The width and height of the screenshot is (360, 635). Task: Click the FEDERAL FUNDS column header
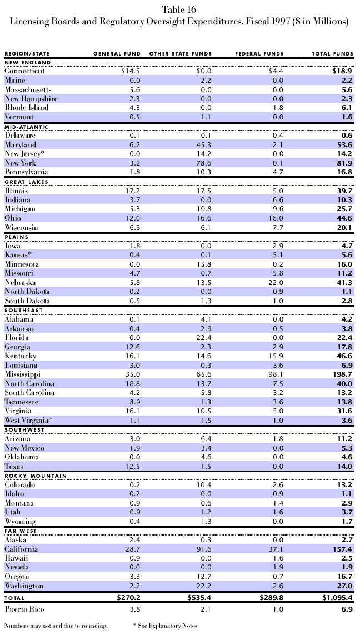click(259, 54)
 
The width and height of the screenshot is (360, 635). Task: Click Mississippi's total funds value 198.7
click(341, 374)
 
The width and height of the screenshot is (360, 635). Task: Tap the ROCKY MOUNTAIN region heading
click(36, 476)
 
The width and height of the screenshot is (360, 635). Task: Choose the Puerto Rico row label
click(23, 609)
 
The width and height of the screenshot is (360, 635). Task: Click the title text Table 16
click(179, 9)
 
